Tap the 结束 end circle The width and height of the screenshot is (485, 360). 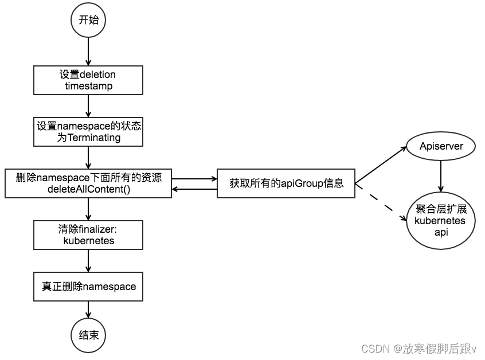tap(88, 334)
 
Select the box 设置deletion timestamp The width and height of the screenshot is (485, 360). tap(88, 80)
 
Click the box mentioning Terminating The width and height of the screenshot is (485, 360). tap(88, 131)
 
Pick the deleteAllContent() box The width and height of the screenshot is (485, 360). tap(88, 183)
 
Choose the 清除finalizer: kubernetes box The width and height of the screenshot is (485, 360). tap(88, 235)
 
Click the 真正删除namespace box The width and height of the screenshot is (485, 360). tap(88, 286)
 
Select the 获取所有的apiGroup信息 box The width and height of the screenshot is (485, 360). tap(286, 183)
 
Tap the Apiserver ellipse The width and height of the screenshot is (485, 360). tap(440, 147)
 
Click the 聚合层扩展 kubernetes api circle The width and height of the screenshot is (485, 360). tap(440, 221)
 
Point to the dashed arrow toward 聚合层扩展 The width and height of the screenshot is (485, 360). tap(379, 200)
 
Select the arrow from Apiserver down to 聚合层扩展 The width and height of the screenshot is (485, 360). tap(440, 176)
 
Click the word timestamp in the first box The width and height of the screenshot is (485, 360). tap(88, 86)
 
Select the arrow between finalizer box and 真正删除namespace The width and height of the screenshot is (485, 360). tap(88, 261)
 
